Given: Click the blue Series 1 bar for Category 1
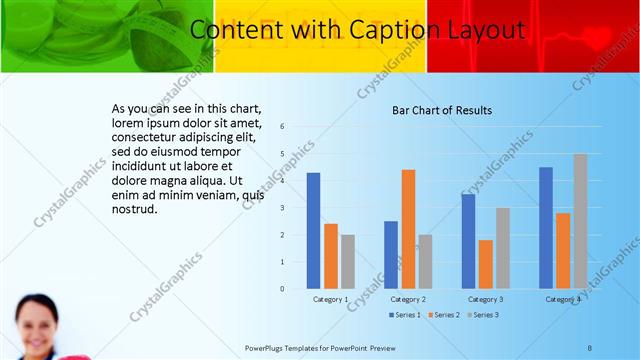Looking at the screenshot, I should tap(313, 231).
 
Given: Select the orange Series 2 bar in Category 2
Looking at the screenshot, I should tap(408, 229).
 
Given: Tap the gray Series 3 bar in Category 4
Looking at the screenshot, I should tap(580, 221).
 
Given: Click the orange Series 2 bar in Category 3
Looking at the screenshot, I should tap(485, 264).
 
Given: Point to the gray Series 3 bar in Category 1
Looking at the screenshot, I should tap(347, 261).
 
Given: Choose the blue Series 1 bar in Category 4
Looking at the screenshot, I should tap(546, 227).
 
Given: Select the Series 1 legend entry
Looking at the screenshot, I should tap(404, 315).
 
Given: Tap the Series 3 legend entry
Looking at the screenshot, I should tap(482, 315).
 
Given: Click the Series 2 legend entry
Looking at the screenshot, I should tap(443, 315).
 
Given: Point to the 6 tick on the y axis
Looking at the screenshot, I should tap(283, 127).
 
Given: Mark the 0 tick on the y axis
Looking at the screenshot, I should tap(283, 288).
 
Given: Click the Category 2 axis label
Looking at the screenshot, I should tap(408, 299).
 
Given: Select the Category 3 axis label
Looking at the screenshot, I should tap(485, 299).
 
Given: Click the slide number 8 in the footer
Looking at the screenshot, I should tap(590, 348).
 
